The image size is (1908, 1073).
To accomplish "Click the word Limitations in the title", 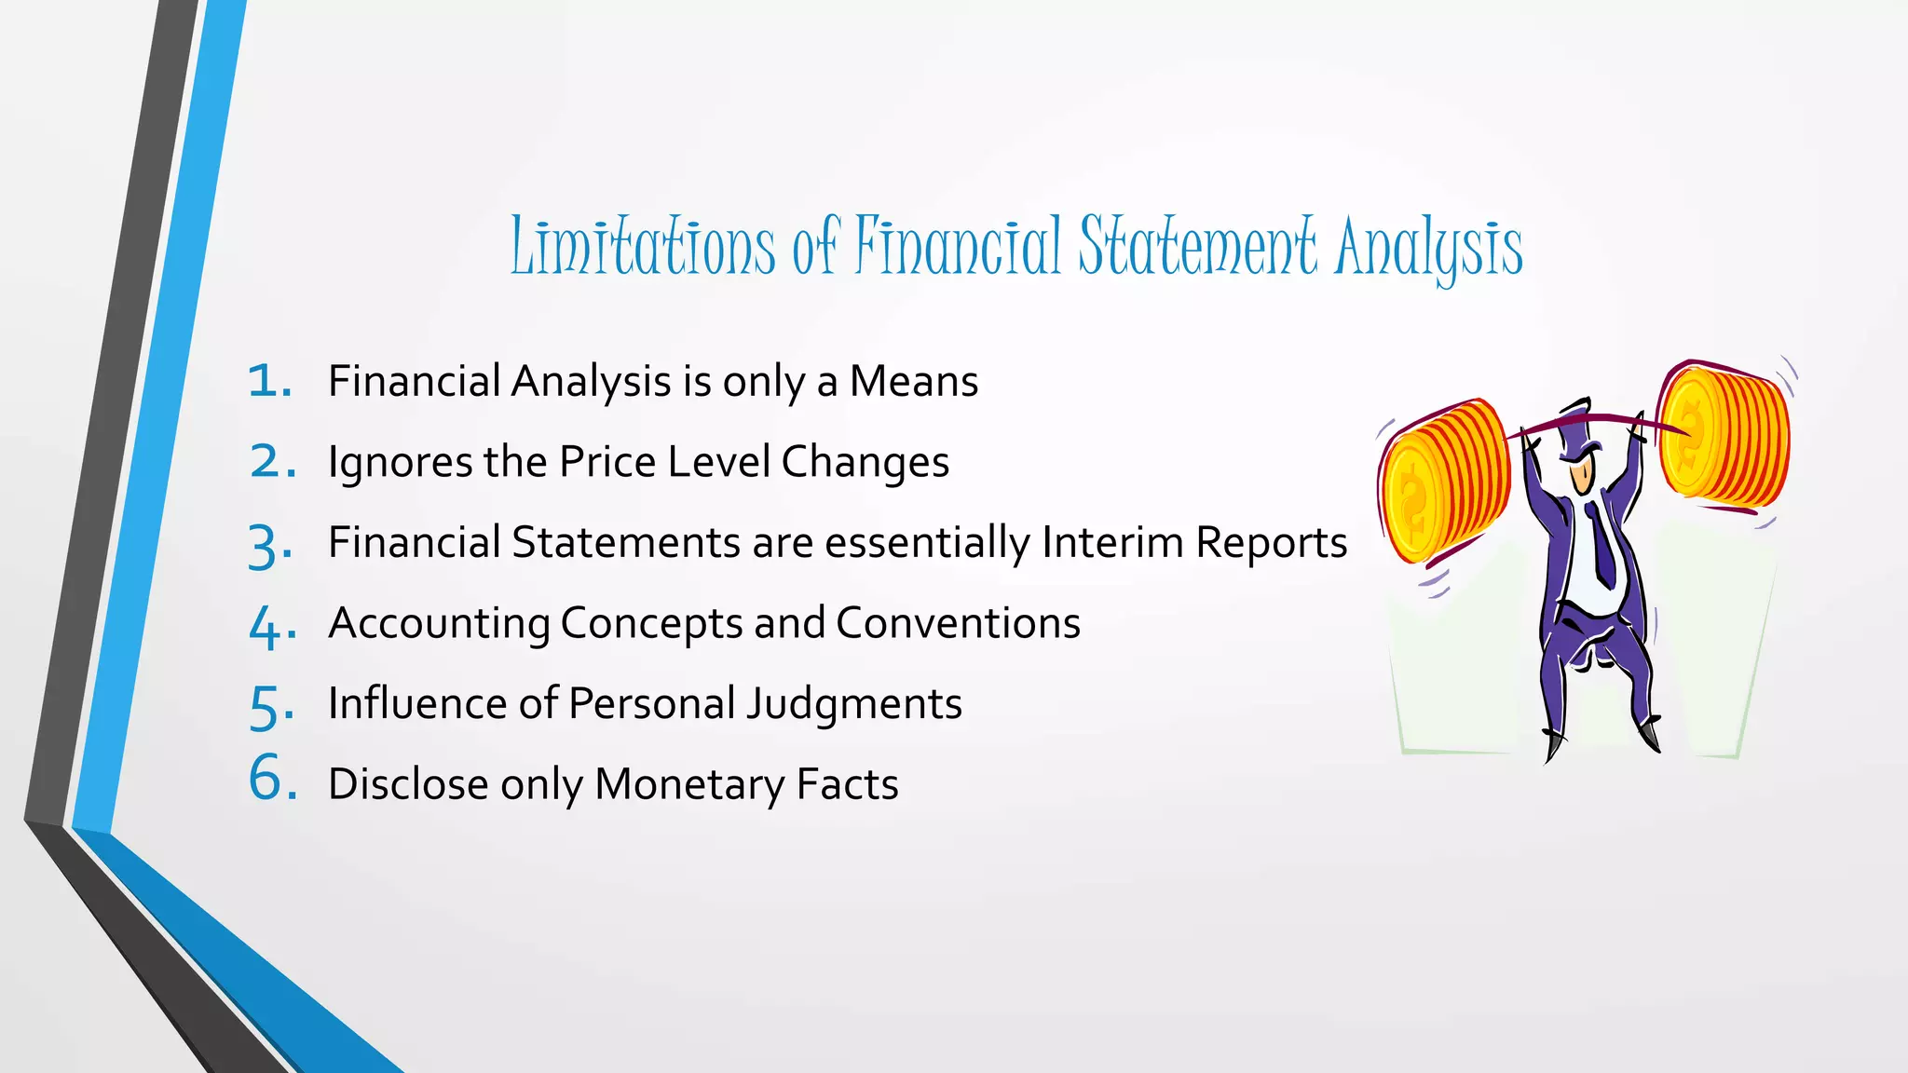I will point(643,247).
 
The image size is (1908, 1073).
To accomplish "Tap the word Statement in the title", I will point(1198,247).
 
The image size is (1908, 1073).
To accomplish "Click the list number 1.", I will point(270,381).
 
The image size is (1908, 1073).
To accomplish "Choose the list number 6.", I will point(272,778).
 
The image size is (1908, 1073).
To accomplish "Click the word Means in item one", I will point(914,381).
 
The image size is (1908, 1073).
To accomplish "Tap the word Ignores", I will point(400,463).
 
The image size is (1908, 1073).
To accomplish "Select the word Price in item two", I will point(606,462).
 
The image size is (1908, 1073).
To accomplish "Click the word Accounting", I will point(439,624).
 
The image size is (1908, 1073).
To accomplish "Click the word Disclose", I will point(407,784).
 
